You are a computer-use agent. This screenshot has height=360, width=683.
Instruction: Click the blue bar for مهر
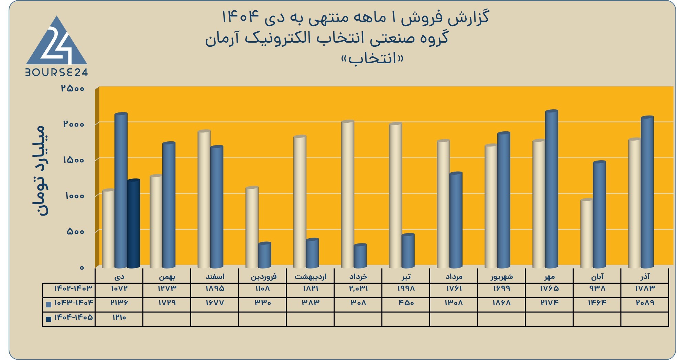(x=552, y=189)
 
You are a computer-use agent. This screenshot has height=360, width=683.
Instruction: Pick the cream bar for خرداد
(x=348, y=194)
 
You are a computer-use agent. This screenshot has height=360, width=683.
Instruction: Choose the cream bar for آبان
(x=587, y=233)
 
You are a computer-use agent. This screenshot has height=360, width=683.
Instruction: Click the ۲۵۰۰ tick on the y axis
(x=73, y=88)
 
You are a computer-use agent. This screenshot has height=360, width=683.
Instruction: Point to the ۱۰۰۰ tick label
(x=74, y=196)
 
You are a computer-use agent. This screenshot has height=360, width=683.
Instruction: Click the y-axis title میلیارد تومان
(x=39, y=171)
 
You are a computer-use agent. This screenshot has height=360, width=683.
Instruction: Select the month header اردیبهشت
(x=310, y=276)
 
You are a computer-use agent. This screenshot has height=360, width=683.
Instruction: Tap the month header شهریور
(x=501, y=276)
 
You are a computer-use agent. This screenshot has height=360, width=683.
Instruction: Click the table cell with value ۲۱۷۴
(x=549, y=303)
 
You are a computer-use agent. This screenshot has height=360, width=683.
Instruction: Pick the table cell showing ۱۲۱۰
(x=119, y=317)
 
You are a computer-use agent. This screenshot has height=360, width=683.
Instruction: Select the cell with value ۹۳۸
(x=597, y=288)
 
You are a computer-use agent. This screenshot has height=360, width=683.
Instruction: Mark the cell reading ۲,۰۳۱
(x=358, y=288)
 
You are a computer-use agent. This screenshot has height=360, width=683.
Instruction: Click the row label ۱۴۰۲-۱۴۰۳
(x=73, y=288)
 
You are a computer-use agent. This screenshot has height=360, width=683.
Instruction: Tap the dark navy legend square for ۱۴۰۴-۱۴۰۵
(x=48, y=319)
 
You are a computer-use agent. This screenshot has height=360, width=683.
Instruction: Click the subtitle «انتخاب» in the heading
(x=372, y=58)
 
